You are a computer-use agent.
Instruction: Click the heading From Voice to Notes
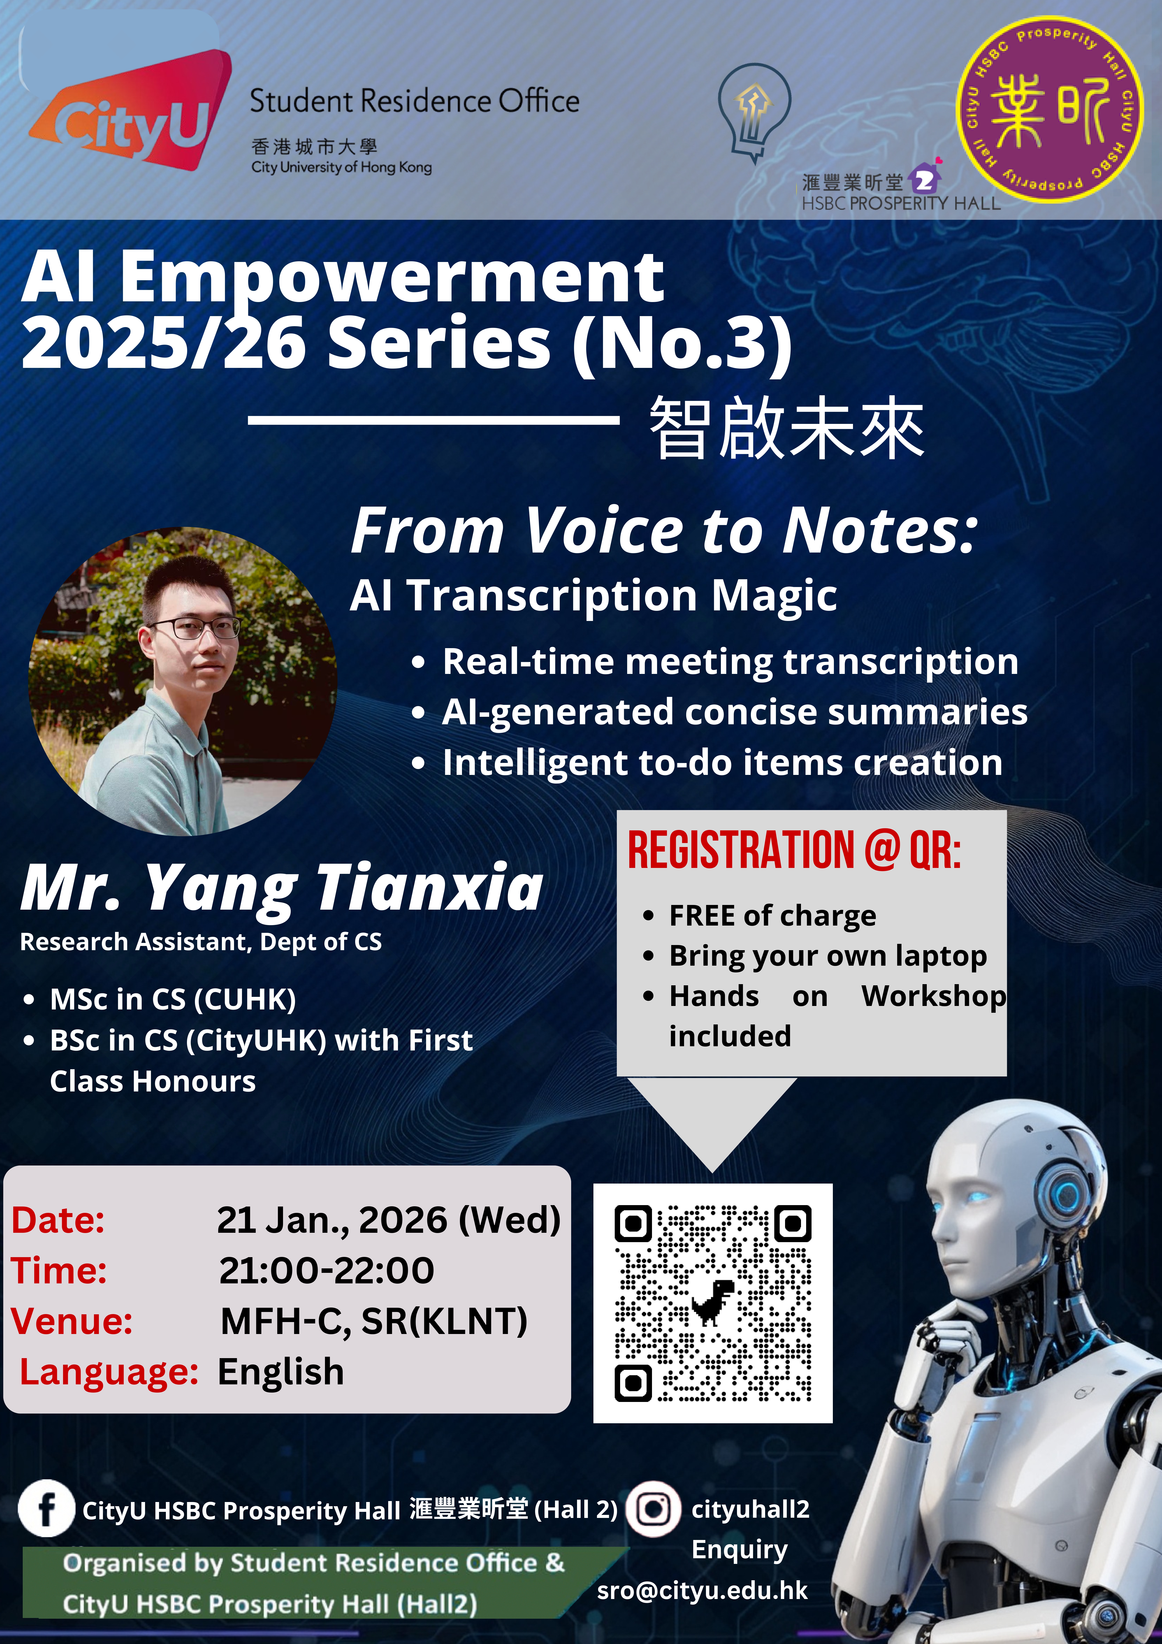tap(664, 531)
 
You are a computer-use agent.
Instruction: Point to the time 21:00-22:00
tap(327, 1270)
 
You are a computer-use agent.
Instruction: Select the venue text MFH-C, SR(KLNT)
tap(374, 1321)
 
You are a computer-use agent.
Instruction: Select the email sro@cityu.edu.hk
tap(702, 1590)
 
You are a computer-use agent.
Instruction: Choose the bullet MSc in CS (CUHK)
tap(173, 1000)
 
